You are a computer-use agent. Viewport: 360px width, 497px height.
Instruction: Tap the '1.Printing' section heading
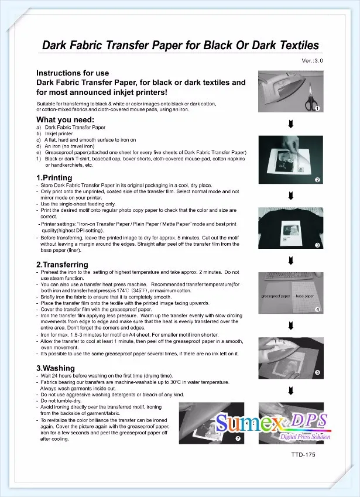(x=54, y=177)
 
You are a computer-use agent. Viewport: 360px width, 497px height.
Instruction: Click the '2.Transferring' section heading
(x=62, y=265)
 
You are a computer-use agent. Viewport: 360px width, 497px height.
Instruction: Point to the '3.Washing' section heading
(x=56, y=368)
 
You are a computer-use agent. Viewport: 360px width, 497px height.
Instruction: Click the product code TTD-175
(x=304, y=455)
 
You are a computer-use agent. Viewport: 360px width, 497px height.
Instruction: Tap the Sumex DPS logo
(x=272, y=424)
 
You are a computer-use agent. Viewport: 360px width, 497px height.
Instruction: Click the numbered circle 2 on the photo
(x=317, y=180)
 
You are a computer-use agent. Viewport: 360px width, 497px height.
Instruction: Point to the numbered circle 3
(x=317, y=245)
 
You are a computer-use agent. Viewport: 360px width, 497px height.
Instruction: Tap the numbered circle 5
(x=317, y=372)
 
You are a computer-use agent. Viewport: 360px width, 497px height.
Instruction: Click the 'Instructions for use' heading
(x=73, y=73)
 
